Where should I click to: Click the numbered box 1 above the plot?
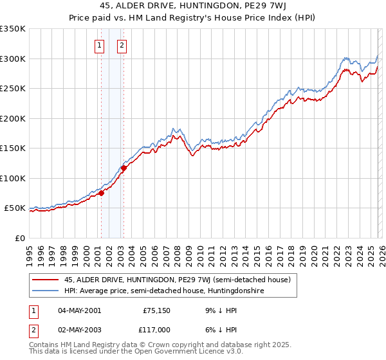tap(100, 46)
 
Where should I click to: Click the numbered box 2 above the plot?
tap(122, 46)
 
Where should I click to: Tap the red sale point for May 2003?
tap(124, 168)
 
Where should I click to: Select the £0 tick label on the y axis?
tap(19, 238)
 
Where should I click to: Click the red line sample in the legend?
tap(45, 280)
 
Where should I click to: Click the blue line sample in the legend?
tap(45, 291)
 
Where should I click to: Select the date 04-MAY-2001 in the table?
tap(79, 310)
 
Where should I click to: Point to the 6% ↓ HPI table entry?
tap(219, 328)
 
